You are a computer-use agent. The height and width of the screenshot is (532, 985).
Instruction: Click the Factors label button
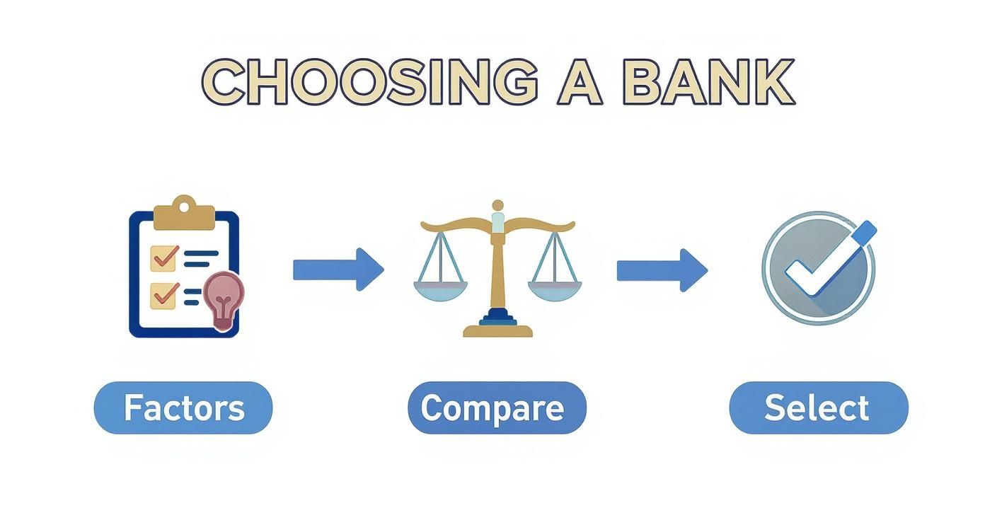[183, 408]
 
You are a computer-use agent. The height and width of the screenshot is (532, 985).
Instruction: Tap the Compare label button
[497, 408]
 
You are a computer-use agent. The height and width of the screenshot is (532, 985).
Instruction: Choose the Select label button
[818, 408]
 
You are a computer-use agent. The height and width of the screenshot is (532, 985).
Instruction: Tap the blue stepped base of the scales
[497, 318]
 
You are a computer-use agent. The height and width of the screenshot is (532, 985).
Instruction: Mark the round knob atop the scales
[497, 205]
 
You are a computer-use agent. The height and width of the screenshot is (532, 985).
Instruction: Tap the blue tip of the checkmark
[865, 232]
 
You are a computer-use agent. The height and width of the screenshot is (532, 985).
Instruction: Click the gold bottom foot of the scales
[497, 331]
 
